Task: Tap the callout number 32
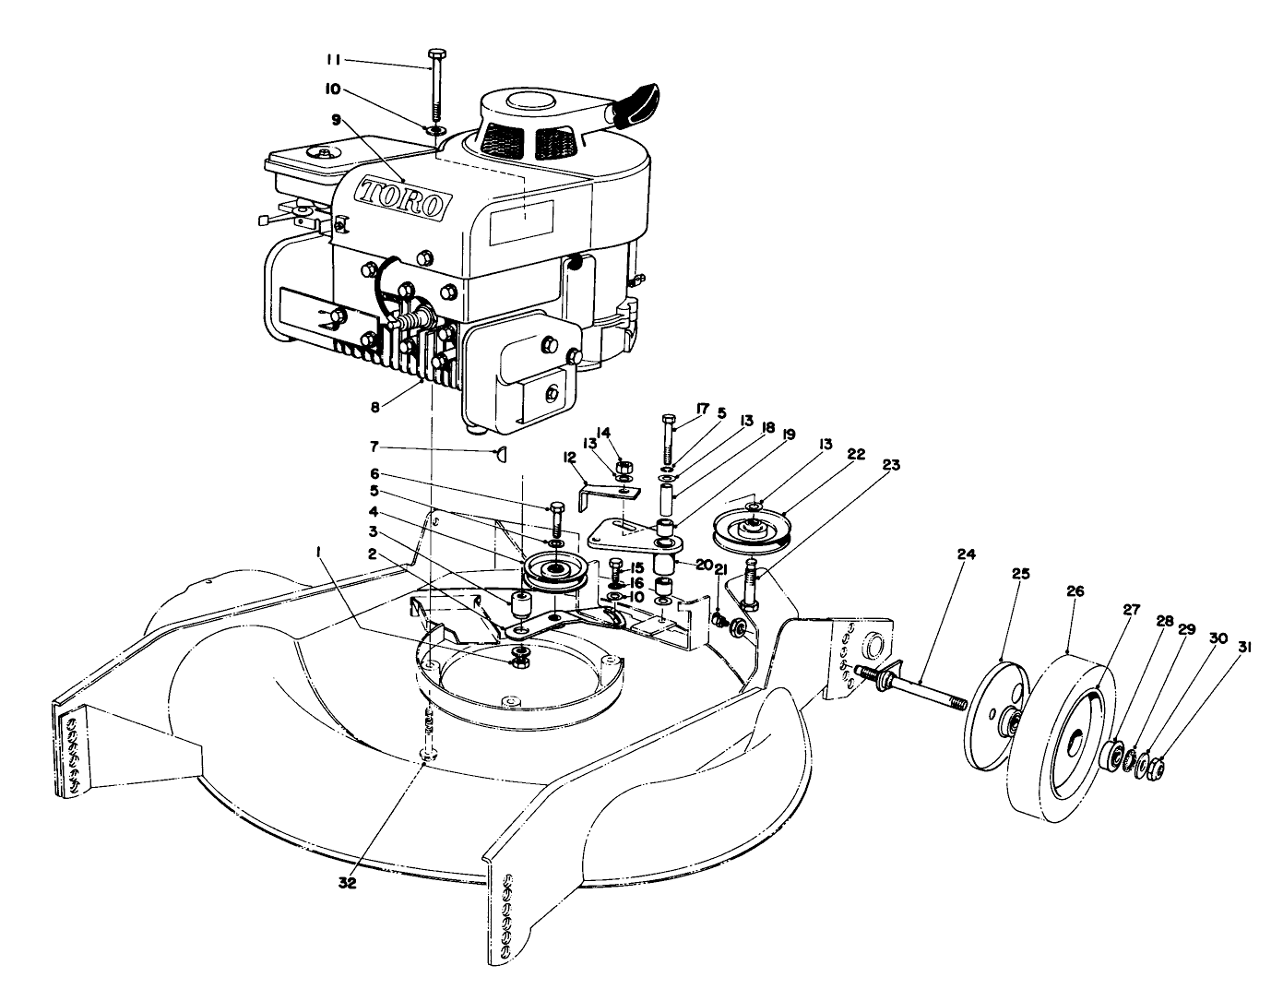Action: [x=348, y=884]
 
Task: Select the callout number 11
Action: [x=334, y=60]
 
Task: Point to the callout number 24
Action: [x=967, y=554]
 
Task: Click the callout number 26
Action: [x=1075, y=591]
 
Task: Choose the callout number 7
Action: [x=374, y=447]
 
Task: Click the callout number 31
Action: [x=1244, y=648]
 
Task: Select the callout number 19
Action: [x=789, y=435]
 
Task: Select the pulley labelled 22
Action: [x=752, y=531]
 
